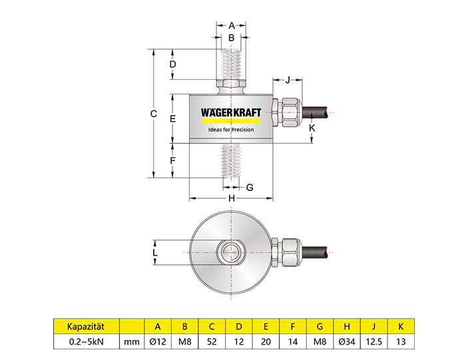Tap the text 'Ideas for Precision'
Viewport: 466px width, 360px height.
232,130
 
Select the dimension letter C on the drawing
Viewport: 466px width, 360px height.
153,114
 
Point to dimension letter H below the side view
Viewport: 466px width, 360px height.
232,198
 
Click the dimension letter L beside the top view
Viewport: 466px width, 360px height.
154,253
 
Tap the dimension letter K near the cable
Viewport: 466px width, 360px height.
313,126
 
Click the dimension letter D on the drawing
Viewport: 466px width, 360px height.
172,65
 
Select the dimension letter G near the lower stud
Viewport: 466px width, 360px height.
250,188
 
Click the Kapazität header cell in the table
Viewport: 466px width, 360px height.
86,326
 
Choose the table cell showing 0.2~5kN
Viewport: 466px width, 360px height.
86,343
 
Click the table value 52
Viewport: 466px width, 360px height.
212,343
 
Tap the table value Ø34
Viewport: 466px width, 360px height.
346,343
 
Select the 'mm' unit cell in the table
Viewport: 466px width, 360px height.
131,343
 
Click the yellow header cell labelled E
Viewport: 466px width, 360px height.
266,326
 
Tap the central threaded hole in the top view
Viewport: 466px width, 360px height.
232,252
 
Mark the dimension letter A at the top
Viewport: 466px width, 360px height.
232,25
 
